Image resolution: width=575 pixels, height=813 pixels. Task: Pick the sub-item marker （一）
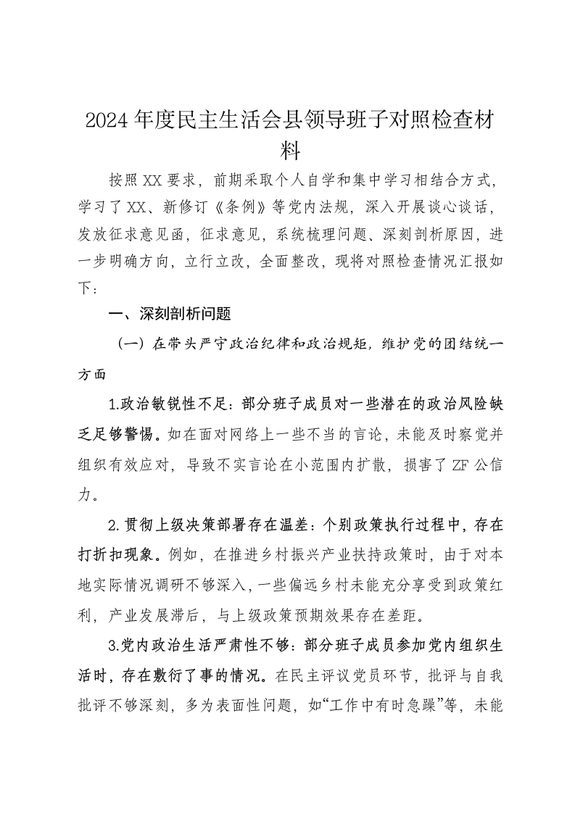tap(133, 345)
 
